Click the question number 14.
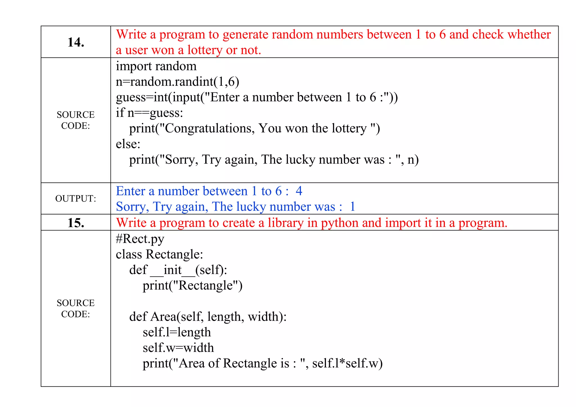[76, 42]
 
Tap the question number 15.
[76, 223]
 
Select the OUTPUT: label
[76, 199]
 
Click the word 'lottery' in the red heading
[205, 50]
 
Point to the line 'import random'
[156, 66]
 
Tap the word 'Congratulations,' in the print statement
[210, 128]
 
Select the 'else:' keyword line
[128, 144]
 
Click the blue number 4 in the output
[299, 191]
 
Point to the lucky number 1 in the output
[352, 207]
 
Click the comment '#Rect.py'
[140, 239]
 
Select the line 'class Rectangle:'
[159, 254]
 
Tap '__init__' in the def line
[172, 270]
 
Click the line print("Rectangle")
[192, 286]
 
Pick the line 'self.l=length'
[177, 332]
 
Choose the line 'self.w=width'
[178, 348]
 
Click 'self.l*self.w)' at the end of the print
[347, 363]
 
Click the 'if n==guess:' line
[149, 113]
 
